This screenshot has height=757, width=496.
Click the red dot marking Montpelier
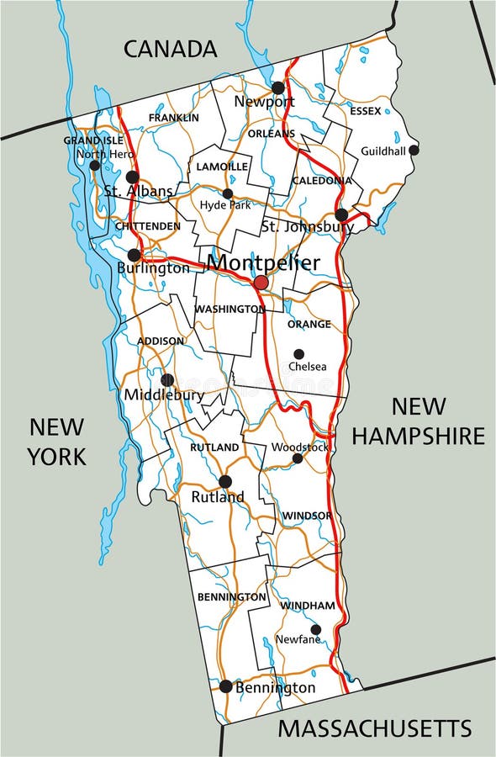coord(261,283)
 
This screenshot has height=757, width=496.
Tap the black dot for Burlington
coord(134,255)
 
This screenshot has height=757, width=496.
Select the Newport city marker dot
coord(277,87)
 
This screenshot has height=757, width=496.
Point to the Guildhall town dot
coord(414,150)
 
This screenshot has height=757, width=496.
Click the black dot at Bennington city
coord(225,686)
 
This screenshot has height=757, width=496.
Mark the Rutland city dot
coord(224,481)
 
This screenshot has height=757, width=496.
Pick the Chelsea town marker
coord(298,354)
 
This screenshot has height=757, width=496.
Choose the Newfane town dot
coord(316,629)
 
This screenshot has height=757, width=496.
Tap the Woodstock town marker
coord(298,458)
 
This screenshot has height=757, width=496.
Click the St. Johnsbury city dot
coord(341,214)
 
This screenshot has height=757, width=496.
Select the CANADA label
coord(171,49)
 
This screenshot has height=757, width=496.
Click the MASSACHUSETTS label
coord(375,728)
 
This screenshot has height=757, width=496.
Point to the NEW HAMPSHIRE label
coord(418,421)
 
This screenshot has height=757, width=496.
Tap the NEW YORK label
coord(56,441)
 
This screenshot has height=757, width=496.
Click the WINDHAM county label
coord(308,606)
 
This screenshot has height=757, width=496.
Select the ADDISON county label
coord(161,341)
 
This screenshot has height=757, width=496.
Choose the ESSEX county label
coord(366,111)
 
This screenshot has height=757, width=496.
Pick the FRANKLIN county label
coord(174,118)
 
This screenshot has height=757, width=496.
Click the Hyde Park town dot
coord(227,193)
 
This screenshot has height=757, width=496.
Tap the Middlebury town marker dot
coord(166,380)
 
